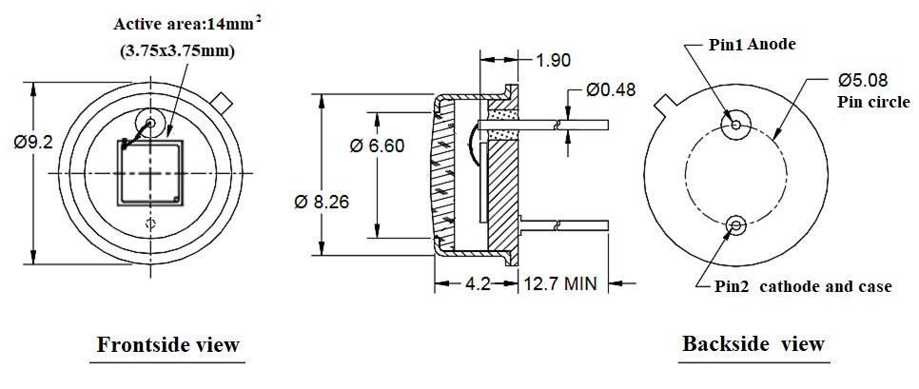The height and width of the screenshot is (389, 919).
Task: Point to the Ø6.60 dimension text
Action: tap(377, 146)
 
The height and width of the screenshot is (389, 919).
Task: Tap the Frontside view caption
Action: tap(167, 344)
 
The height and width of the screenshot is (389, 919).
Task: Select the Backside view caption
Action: tap(753, 343)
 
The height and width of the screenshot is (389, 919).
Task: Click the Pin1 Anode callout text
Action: tap(753, 44)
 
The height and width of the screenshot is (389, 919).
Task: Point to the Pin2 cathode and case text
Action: tap(803, 286)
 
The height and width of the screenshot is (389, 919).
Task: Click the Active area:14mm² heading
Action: tap(187, 24)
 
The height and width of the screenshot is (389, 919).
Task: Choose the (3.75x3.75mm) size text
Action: tap(178, 50)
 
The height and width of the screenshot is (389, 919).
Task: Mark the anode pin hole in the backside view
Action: tap(736, 125)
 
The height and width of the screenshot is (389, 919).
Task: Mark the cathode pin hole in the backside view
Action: tap(735, 225)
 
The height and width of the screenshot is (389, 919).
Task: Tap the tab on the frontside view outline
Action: tap(223, 99)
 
